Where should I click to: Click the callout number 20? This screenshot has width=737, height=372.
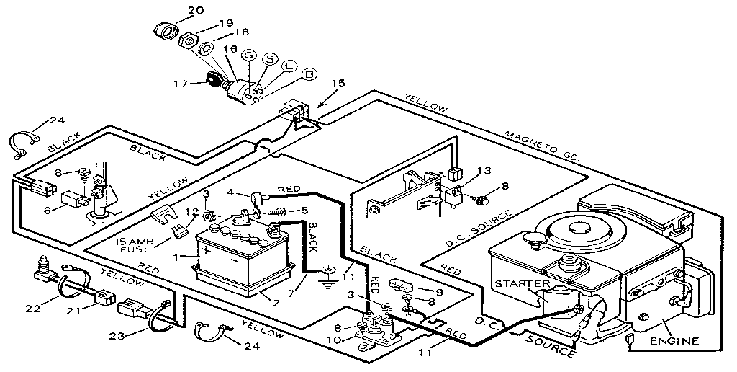coord(176,9)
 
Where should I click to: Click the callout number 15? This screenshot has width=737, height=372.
coord(337,83)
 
